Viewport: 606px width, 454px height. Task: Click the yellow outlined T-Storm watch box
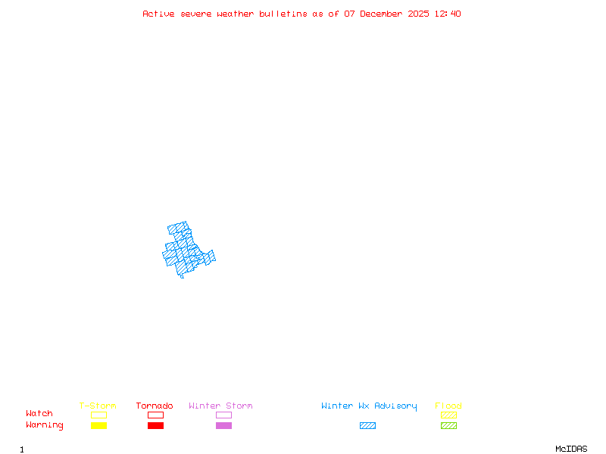click(x=98, y=415)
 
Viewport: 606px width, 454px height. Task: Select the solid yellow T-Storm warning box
click(x=98, y=425)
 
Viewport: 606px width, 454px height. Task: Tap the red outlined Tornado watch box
click(x=155, y=415)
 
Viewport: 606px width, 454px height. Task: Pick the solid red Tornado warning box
click(x=155, y=425)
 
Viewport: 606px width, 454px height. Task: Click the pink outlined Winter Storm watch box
click(x=223, y=415)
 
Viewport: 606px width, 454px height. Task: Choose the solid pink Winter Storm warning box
click(x=223, y=425)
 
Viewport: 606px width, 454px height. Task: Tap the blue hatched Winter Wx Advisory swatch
click(x=367, y=425)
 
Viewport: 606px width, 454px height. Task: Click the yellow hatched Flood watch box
click(x=448, y=415)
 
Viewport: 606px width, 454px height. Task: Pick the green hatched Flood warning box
click(x=448, y=425)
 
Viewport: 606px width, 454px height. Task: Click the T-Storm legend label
click(x=98, y=406)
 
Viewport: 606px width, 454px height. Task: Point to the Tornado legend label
click(x=155, y=406)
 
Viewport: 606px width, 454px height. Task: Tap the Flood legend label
click(x=448, y=406)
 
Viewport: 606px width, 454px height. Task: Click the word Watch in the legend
click(x=39, y=414)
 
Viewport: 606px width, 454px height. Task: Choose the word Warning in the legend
click(x=45, y=425)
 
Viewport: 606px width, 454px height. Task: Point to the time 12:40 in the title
click(x=448, y=14)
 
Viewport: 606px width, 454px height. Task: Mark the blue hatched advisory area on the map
click(x=186, y=250)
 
